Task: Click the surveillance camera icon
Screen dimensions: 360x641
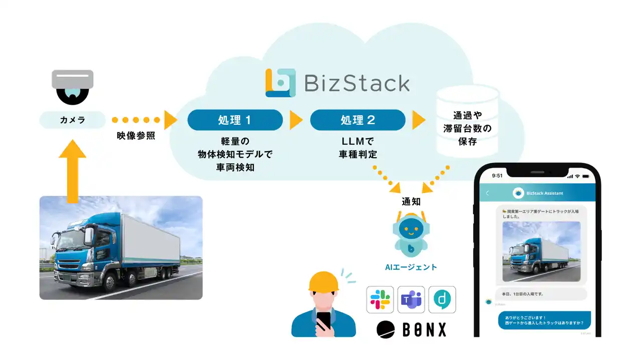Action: tap(73, 86)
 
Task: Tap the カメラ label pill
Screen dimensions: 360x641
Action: tap(73, 120)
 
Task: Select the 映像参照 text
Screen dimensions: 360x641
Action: tap(133, 136)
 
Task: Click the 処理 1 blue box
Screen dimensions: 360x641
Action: tap(234, 120)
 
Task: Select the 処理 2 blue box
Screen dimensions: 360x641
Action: tap(358, 120)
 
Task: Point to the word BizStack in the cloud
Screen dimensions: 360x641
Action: tap(357, 83)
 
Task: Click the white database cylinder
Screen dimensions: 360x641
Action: tap(467, 120)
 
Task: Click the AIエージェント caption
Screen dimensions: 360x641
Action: tap(411, 267)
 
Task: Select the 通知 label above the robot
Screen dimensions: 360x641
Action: tap(411, 202)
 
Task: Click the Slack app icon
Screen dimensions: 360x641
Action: tap(380, 299)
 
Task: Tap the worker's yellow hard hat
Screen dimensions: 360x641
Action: tap(324, 282)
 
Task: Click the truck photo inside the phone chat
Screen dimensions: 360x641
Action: tap(541, 250)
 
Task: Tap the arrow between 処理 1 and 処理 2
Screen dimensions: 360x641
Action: tap(296, 120)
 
